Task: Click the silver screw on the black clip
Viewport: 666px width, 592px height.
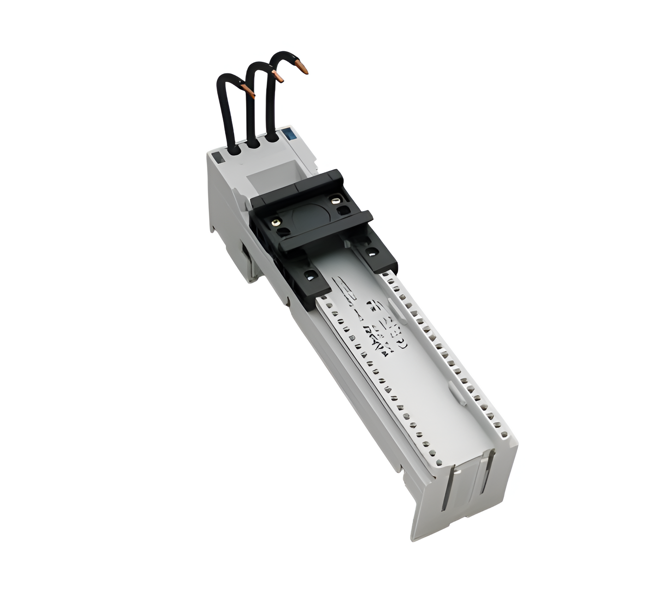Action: pos(335,199)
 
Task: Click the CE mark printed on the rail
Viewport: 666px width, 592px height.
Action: pos(401,343)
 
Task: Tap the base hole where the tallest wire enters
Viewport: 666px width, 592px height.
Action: pos(273,137)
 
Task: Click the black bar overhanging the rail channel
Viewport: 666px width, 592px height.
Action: pos(325,233)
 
